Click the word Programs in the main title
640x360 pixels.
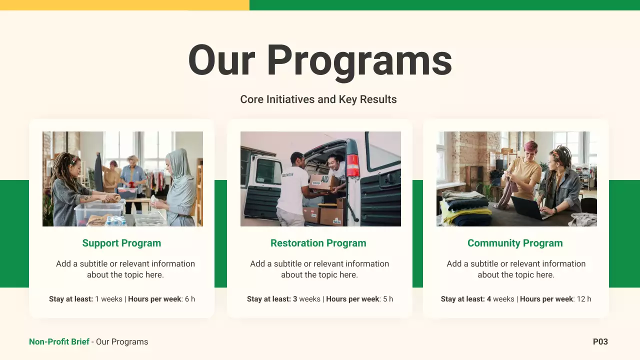pos(359,61)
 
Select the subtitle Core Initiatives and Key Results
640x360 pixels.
pos(318,99)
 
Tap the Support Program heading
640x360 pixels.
pos(121,243)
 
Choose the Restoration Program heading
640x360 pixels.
pos(318,243)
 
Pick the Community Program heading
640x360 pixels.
pos(515,243)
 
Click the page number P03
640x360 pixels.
pos(600,342)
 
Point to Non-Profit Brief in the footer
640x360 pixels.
pos(59,342)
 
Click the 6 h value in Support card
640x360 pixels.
pos(190,299)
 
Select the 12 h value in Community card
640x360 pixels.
pos(584,299)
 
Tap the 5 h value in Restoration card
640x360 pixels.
pos(388,299)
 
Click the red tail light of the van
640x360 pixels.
pos(353,166)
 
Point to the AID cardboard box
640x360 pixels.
pos(322,182)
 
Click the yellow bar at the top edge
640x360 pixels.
pos(124,5)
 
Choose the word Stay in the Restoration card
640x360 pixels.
pos(255,299)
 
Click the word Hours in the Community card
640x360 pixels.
pos(531,299)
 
